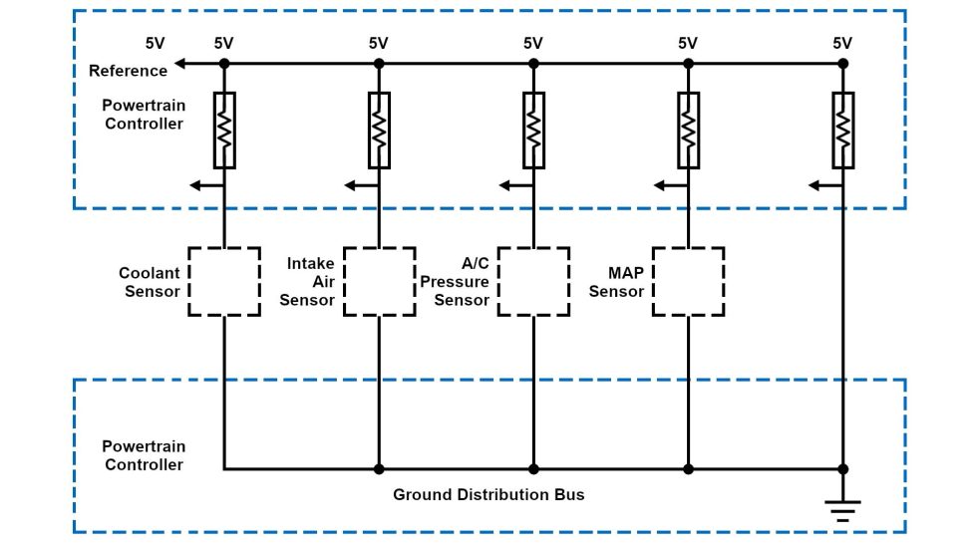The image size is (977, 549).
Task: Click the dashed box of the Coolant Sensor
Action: point(224,282)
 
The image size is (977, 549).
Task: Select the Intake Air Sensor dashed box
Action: point(379,282)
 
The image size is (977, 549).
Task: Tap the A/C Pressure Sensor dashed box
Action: point(533,282)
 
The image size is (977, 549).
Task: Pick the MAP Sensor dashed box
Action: point(688,282)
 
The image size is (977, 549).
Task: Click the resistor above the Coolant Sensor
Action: point(224,130)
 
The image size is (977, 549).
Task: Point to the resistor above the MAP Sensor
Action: point(688,130)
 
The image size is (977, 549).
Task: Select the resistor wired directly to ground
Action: point(842,130)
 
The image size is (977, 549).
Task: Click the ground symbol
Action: point(842,509)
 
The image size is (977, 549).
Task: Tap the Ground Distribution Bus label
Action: point(488,494)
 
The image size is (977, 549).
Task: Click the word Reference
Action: point(128,71)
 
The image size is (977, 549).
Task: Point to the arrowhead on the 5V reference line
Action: point(178,64)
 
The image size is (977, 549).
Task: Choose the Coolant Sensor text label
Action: point(150,282)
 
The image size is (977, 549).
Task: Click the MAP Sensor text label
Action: point(616,282)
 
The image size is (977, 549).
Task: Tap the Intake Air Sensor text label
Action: point(308,282)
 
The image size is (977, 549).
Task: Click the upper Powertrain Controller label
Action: point(144,114)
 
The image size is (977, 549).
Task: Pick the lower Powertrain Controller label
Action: point(144,455)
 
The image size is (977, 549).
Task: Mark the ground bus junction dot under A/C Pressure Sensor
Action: point(533,468)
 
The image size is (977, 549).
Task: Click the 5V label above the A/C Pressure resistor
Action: point(533,43)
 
